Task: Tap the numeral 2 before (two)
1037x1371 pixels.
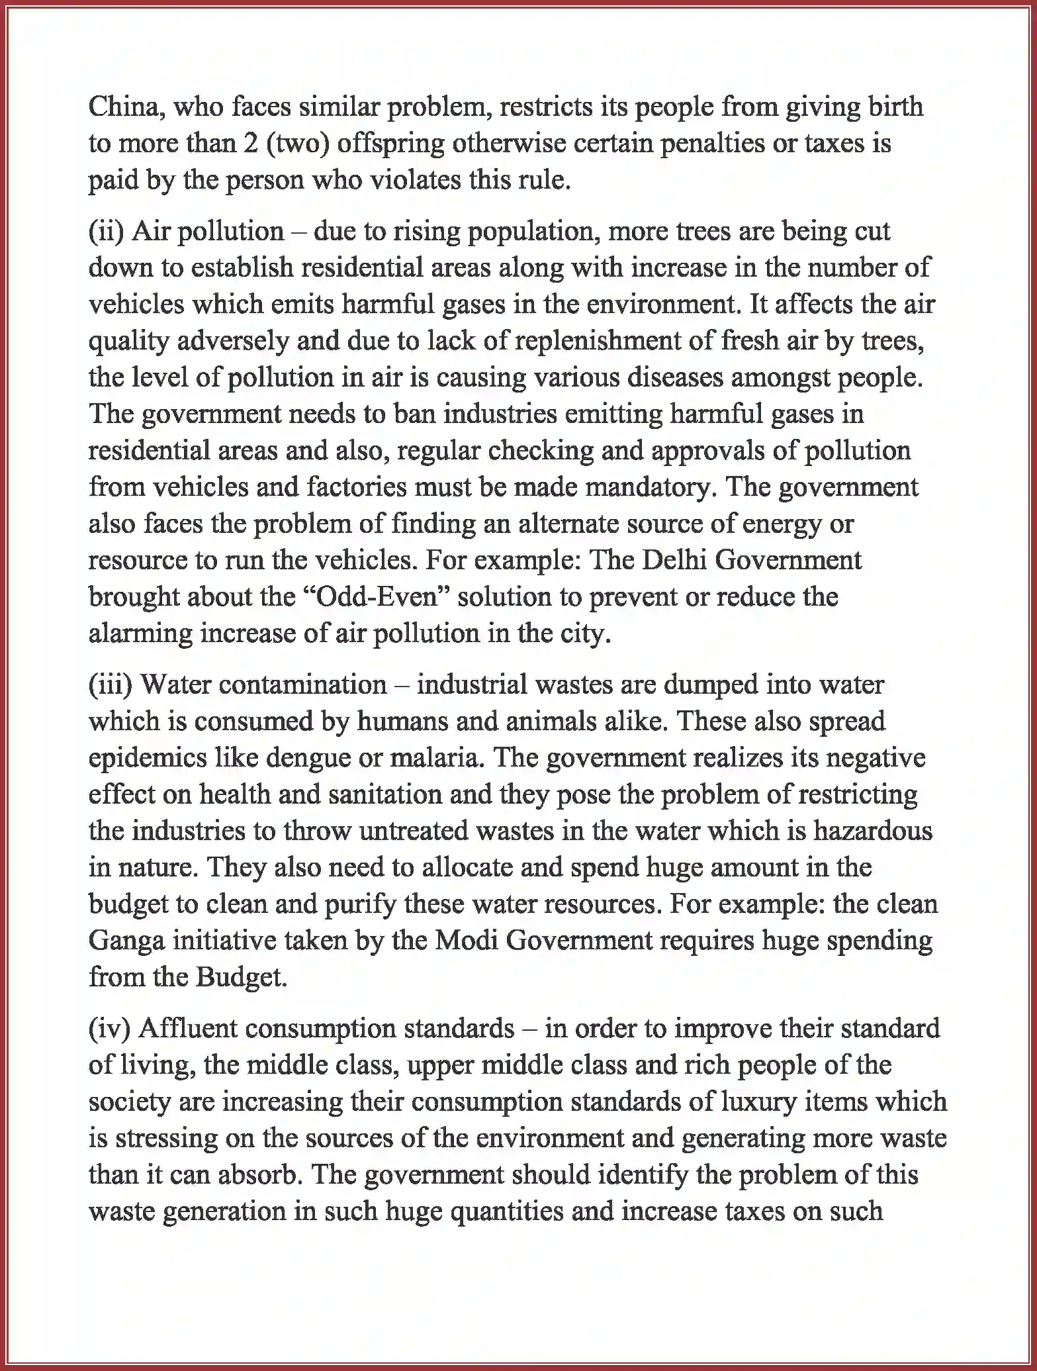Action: click(x=249, y=144)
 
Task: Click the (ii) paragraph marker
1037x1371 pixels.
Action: click(x=107, y=232)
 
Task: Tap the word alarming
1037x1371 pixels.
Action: click(x=140, y=634)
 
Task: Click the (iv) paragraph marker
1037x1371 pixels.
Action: click(x=110, y=1028)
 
